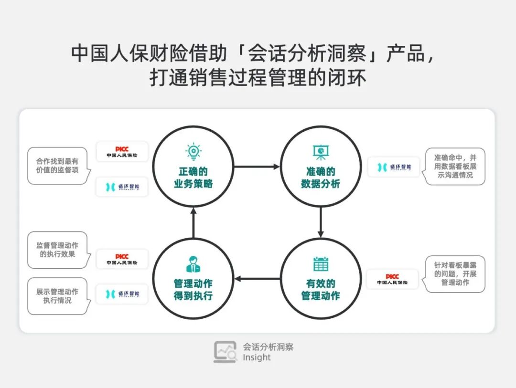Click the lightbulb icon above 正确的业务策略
[193, 151]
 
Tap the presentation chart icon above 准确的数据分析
[320, 152]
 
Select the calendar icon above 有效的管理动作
[321, 264]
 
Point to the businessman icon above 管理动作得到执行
[193, 264]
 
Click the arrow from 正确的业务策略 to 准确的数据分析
[257, 167]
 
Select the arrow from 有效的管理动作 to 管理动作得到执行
[257, 279]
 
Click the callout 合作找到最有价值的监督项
[58, 166]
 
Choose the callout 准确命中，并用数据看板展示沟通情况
[455, 166]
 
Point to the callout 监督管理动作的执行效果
[58, 250]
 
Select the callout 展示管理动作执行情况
[58, 296]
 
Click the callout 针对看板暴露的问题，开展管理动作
[455, 274]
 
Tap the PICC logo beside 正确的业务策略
[122, 152]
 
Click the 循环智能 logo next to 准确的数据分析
[393, 167]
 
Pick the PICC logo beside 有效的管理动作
[392, 279]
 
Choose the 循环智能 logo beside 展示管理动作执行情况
[122, 294]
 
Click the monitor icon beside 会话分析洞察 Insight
[225, 352]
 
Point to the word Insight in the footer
[257, 357]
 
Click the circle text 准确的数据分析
[321, 178]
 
